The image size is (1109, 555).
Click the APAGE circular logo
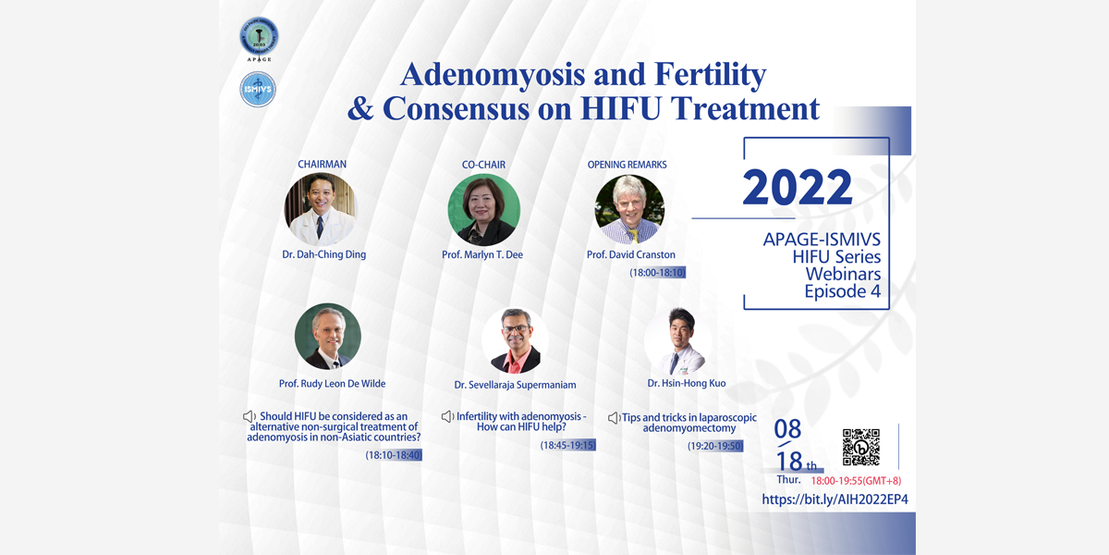259,37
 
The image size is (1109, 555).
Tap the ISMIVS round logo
258,89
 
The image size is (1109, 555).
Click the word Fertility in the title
711,75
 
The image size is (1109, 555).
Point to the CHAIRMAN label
322,164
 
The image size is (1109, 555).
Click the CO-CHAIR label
483,165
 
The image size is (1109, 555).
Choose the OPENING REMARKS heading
627,165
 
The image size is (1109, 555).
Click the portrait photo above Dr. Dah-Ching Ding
321,209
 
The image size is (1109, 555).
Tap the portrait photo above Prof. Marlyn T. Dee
483,210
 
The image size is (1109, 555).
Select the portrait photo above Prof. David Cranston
629,209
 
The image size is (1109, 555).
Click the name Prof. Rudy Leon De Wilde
332,384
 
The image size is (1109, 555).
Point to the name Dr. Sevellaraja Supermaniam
515,385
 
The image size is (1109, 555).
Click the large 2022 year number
797,187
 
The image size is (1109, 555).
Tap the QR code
861,447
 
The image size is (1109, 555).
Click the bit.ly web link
835,499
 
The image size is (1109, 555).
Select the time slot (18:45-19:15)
567,445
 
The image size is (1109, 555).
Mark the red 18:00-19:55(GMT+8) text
856,481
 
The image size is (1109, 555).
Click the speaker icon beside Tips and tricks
614,418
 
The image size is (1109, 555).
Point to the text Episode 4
843,291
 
